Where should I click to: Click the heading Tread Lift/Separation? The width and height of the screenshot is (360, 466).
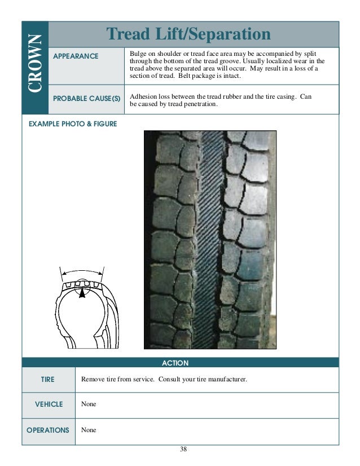(190, 34)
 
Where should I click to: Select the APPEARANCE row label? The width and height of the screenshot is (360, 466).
(76, 56)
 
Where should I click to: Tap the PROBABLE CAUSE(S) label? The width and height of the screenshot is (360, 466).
(86, 98)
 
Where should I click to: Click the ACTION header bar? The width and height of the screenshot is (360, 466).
(175, 363)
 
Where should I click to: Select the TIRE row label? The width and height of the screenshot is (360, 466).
(48, 380)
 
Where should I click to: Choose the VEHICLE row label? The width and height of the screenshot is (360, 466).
(49, 405)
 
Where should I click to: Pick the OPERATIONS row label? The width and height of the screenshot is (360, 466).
(48, 430)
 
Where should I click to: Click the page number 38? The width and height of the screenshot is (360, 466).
(183, 449)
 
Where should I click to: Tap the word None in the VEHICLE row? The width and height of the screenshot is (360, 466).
(89, 405)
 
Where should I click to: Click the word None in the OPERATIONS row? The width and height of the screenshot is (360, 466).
(89, 430)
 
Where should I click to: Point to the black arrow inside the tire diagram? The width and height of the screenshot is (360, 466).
(82, 292)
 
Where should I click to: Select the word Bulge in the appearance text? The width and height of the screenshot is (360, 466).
(139, 52)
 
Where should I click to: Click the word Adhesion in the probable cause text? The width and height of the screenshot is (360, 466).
(143, 96)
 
